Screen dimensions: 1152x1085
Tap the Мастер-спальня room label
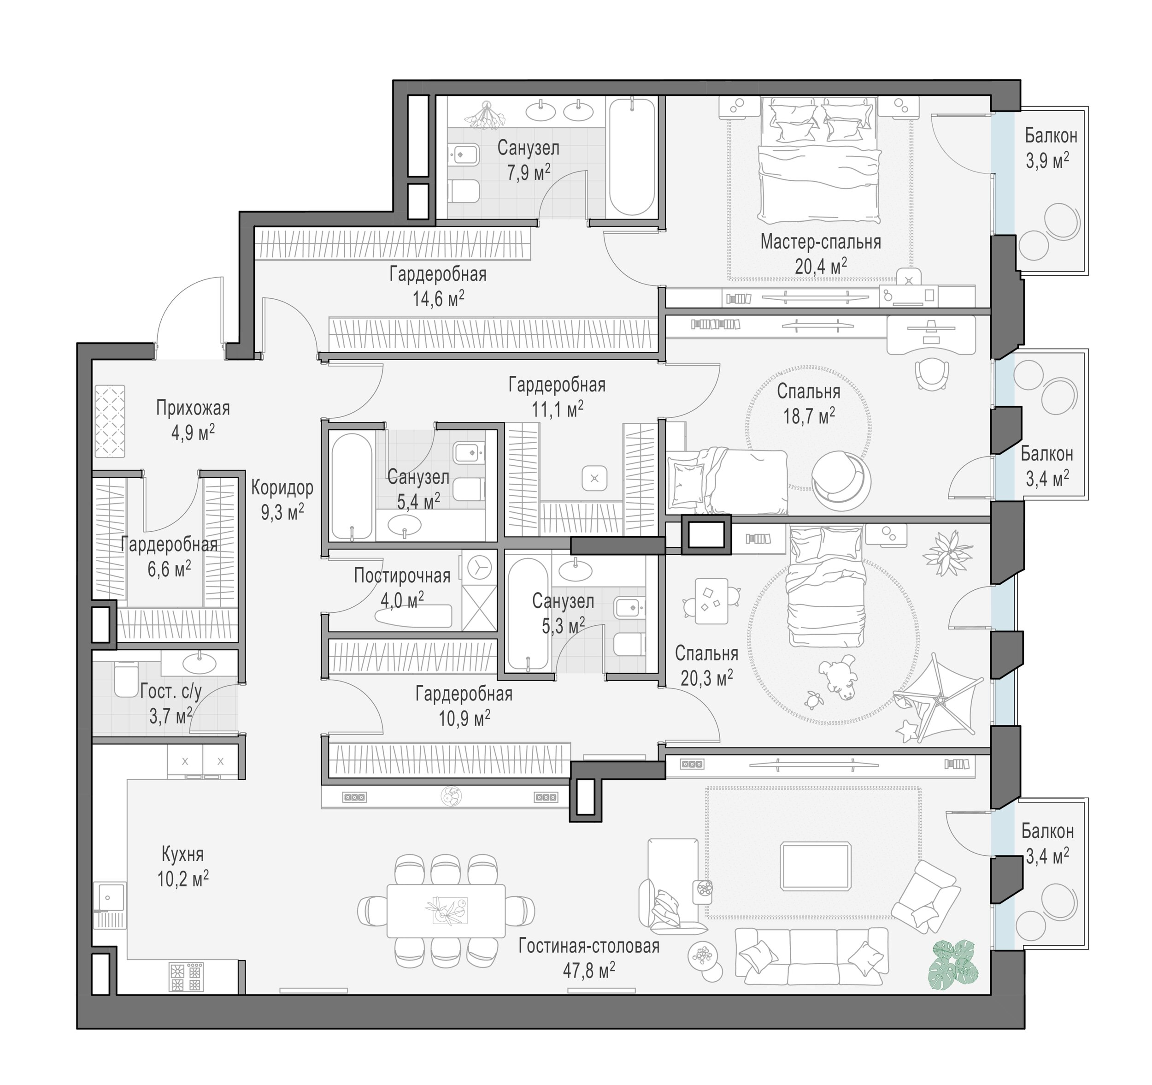pyautogui.click(x=821, y=241)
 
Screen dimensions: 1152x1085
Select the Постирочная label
pyautogui.click(x=402, y=575)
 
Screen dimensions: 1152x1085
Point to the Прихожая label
pyautogui.click(x=193, y=408)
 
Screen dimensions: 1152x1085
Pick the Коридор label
pyautogui.click(x=282, y=488)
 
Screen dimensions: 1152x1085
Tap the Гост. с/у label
pyautogui.click(x=171, y=692)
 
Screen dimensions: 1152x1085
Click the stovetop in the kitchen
pyautogui.click(x=186, y=977)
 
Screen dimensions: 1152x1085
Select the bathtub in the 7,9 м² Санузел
pyautogui.click(x=632, y=157)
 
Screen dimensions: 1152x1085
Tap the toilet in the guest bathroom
pyautogui.click(x=126, y=680)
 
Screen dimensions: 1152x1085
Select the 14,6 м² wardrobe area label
pyautogui.click(x=438, y=299)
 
